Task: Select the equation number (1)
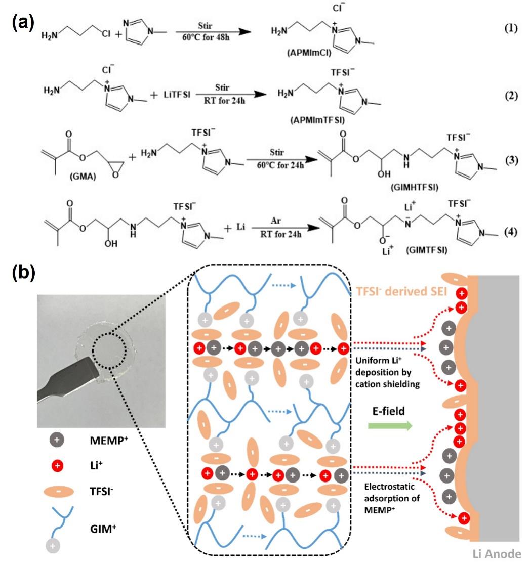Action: [x=510, y=28]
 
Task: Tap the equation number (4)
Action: [x=510, y=233]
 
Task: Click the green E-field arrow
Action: [x=389, y=426]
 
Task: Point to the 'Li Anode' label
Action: [x=497, y=554]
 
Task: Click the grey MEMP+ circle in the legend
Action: [x=56, y=440]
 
